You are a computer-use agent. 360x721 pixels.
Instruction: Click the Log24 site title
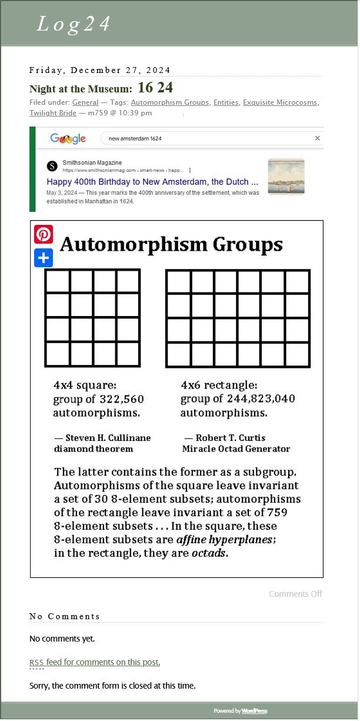click(x=74, y=24)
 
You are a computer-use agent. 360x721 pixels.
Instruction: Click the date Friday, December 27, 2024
click(x=100, y=70)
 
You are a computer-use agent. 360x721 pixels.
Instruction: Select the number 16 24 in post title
click(x=155, y=88)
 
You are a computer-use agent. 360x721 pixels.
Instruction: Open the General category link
click(x=85, y=102)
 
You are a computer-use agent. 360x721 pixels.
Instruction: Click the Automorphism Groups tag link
click(x=169, y=102)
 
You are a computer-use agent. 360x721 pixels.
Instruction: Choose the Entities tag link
click(x=226, y=102)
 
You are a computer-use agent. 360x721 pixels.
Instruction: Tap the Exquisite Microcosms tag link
click(x=280, y=102)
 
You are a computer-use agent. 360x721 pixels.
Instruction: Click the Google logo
click(x=68, y=138)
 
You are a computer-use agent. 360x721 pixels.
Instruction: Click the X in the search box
click(x=318, y=138)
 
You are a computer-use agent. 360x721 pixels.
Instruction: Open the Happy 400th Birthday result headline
click(x=152, y=181)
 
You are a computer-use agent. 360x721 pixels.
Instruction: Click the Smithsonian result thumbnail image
click(x=286, y=176)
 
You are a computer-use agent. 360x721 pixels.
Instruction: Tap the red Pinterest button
click(x=44, y=234)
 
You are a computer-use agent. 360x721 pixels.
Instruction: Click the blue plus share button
click(x=44, y=258)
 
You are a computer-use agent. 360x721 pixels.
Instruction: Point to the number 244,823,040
click(x=261, y=399)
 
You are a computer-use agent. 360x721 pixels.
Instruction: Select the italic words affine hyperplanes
click(x=225, y=540)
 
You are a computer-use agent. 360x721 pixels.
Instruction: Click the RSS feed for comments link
click(x=95, y=662)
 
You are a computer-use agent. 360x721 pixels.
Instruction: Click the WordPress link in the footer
click(x=254, y=711)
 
